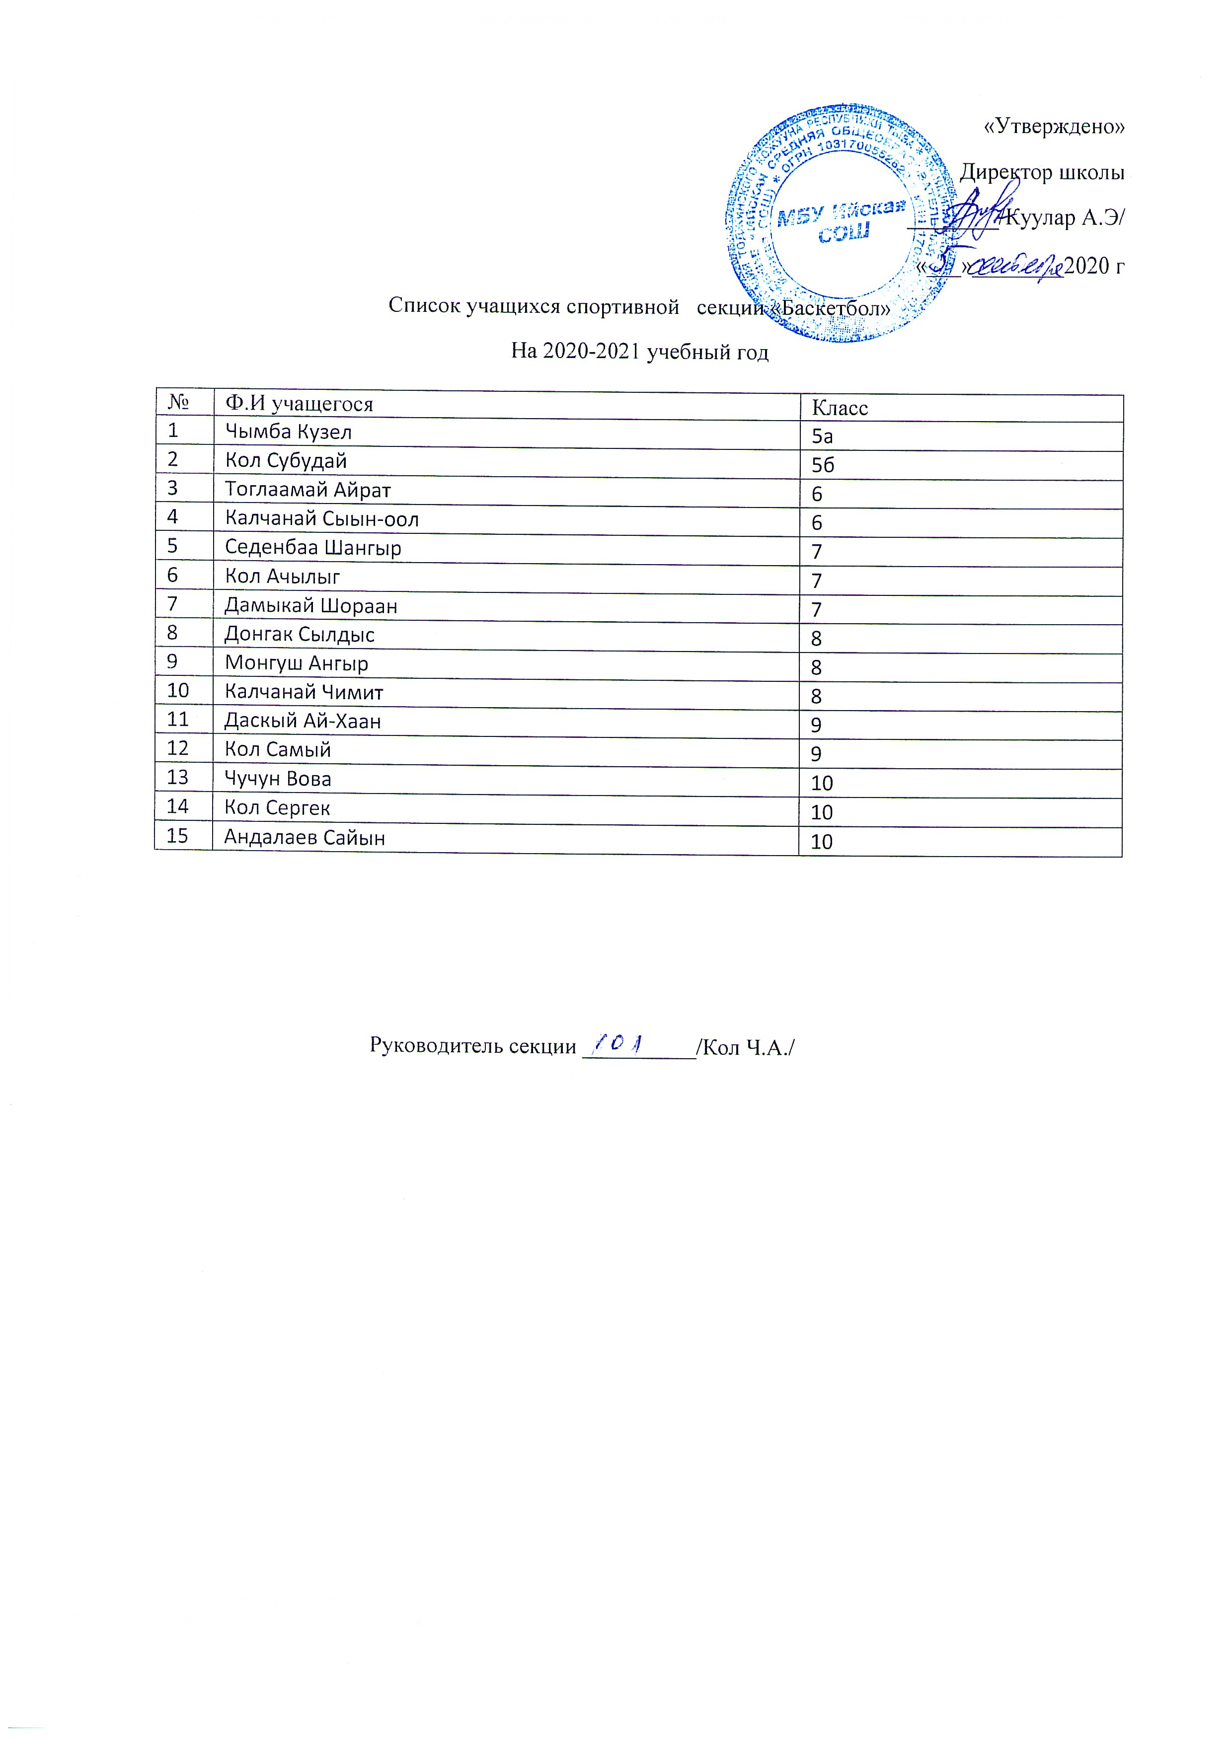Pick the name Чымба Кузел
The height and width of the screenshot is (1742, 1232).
(x=289, y=432)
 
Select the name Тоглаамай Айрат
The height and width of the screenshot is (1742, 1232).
(x=308, y=490)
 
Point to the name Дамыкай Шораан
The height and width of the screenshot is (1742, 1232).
(x=310, y=606)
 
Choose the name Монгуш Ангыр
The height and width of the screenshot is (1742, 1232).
(x=296, y=664)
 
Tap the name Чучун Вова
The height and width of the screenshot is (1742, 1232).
(x=278, y=779)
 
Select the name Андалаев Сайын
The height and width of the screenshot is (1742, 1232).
(x=305, y=838)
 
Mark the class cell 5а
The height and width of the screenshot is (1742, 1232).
(x=822, y=437)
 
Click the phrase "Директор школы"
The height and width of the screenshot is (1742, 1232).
(x=1041, y=173)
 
